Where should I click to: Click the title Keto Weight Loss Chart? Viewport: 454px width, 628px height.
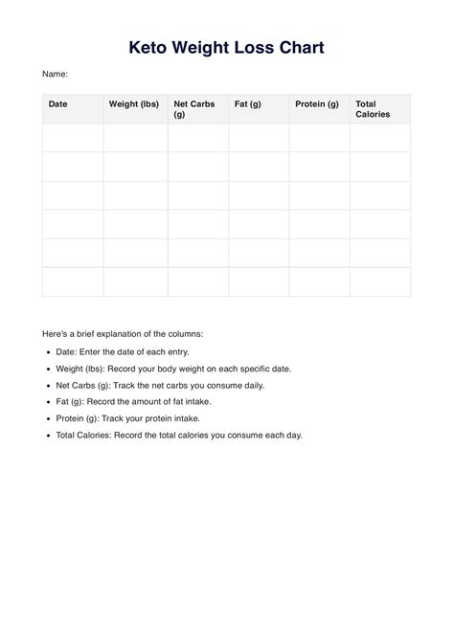tap(227, 47)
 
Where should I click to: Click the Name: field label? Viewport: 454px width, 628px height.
tap(55, 74)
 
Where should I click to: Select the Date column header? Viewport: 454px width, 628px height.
tap(58, 103)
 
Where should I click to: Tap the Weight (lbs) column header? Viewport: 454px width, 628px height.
tap(133, 103)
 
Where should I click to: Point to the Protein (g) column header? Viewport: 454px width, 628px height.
tap(316, 103)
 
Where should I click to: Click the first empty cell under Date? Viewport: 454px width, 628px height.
tap(73, 138)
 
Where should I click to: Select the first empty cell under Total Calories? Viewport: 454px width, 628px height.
tap(380, 138)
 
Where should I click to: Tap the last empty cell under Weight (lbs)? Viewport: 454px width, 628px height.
tap(135, 281)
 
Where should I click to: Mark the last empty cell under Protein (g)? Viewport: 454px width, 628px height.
tap(319, 281)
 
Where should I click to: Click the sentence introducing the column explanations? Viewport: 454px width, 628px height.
tap(123, 334)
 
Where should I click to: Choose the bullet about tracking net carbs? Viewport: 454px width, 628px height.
tap(160, 385)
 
